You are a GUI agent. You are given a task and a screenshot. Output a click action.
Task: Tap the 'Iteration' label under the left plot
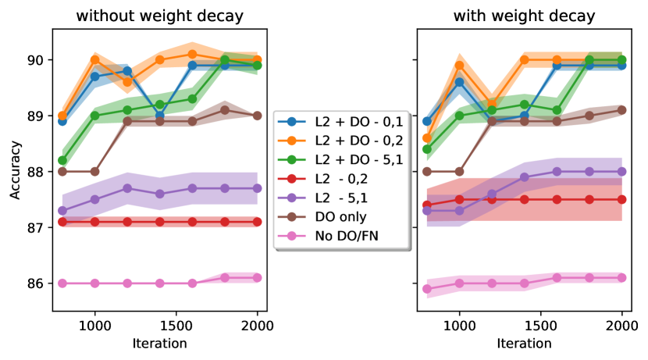159,343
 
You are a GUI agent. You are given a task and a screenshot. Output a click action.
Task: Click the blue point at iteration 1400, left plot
159,116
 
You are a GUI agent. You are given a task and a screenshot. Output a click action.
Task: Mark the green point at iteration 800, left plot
62,160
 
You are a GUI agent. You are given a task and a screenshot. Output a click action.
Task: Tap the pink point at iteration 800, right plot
426,289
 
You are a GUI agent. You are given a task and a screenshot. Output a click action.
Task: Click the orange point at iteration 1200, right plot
491,102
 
